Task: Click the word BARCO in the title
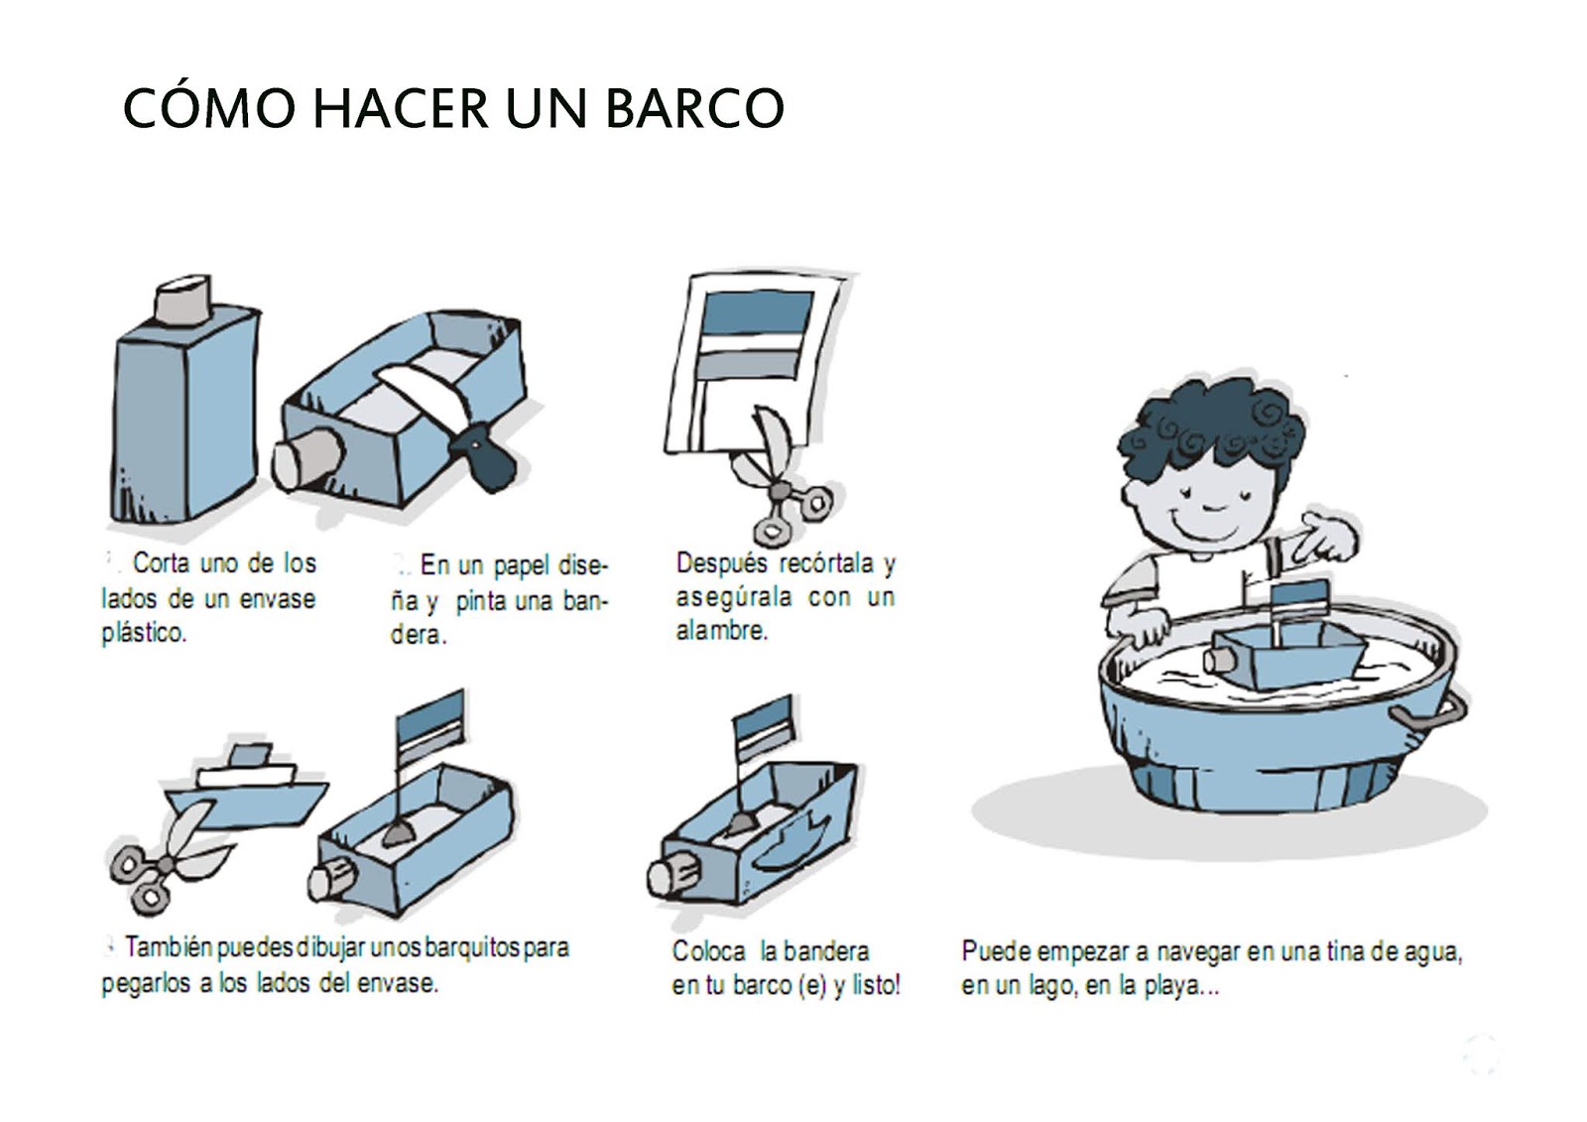[695, 108]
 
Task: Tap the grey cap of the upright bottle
[183, 300]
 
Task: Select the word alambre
[721, 630]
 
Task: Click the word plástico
[144, 633]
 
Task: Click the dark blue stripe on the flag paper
[757, 312]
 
